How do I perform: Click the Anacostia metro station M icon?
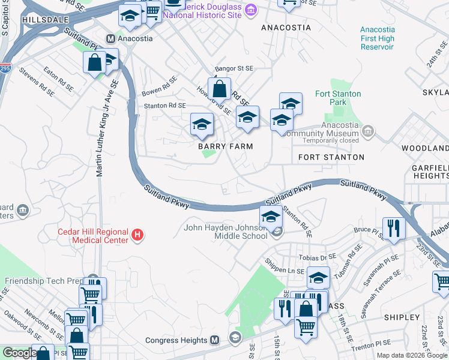[110, 38]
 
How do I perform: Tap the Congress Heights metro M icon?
[214, 340]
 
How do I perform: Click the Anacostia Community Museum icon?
[369, 130]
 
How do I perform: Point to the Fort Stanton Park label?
[339, 98]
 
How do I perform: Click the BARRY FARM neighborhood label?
[226, 146]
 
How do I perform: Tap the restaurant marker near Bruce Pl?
[394, 229]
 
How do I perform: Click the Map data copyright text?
[411, 355]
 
